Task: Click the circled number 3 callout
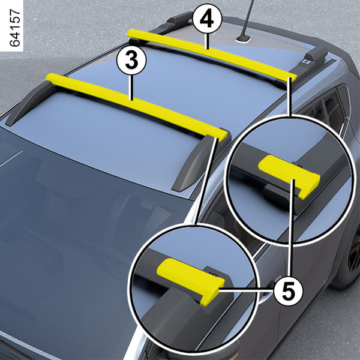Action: [x=131, y=61]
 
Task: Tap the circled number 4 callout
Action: [x=207, y=19]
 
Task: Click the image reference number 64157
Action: [x=15, y=28]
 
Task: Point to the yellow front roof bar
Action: [x=137, y=107]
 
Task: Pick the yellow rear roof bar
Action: [x=212, y=55]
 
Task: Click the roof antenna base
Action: [x=242, y=40]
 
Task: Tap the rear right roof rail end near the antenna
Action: [x=316, y=55]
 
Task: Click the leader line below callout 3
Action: [x=131, y=88]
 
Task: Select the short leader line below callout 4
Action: [x=207, y=41]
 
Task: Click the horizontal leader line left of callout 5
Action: [x=247, y=290]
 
